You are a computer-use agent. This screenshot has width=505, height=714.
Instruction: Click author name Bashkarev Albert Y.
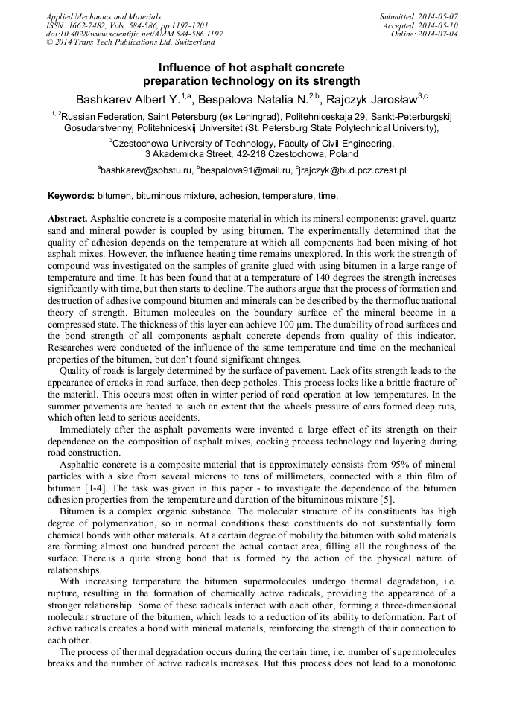[x=127, y=98]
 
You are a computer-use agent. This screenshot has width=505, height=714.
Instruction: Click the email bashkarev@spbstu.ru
[x=147, y=170]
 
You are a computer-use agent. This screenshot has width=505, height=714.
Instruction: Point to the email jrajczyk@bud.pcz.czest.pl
[x=353, y=170]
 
